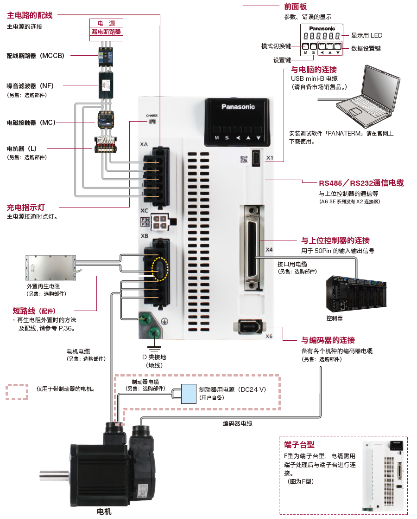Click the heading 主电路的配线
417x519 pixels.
coord(30,16)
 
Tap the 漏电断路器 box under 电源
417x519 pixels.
coord(106,32)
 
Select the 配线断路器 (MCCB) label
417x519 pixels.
coord(35,56)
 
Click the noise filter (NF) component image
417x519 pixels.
coord(106,84)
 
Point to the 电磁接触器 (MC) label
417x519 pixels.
coord(31,123)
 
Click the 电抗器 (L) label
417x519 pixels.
coord(22,149)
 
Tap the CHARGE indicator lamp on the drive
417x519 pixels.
coord(152,121)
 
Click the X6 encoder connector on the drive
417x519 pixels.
coord(250,327)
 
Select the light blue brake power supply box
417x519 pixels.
coord(189,394)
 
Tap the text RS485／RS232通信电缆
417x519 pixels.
coord(361,183)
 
